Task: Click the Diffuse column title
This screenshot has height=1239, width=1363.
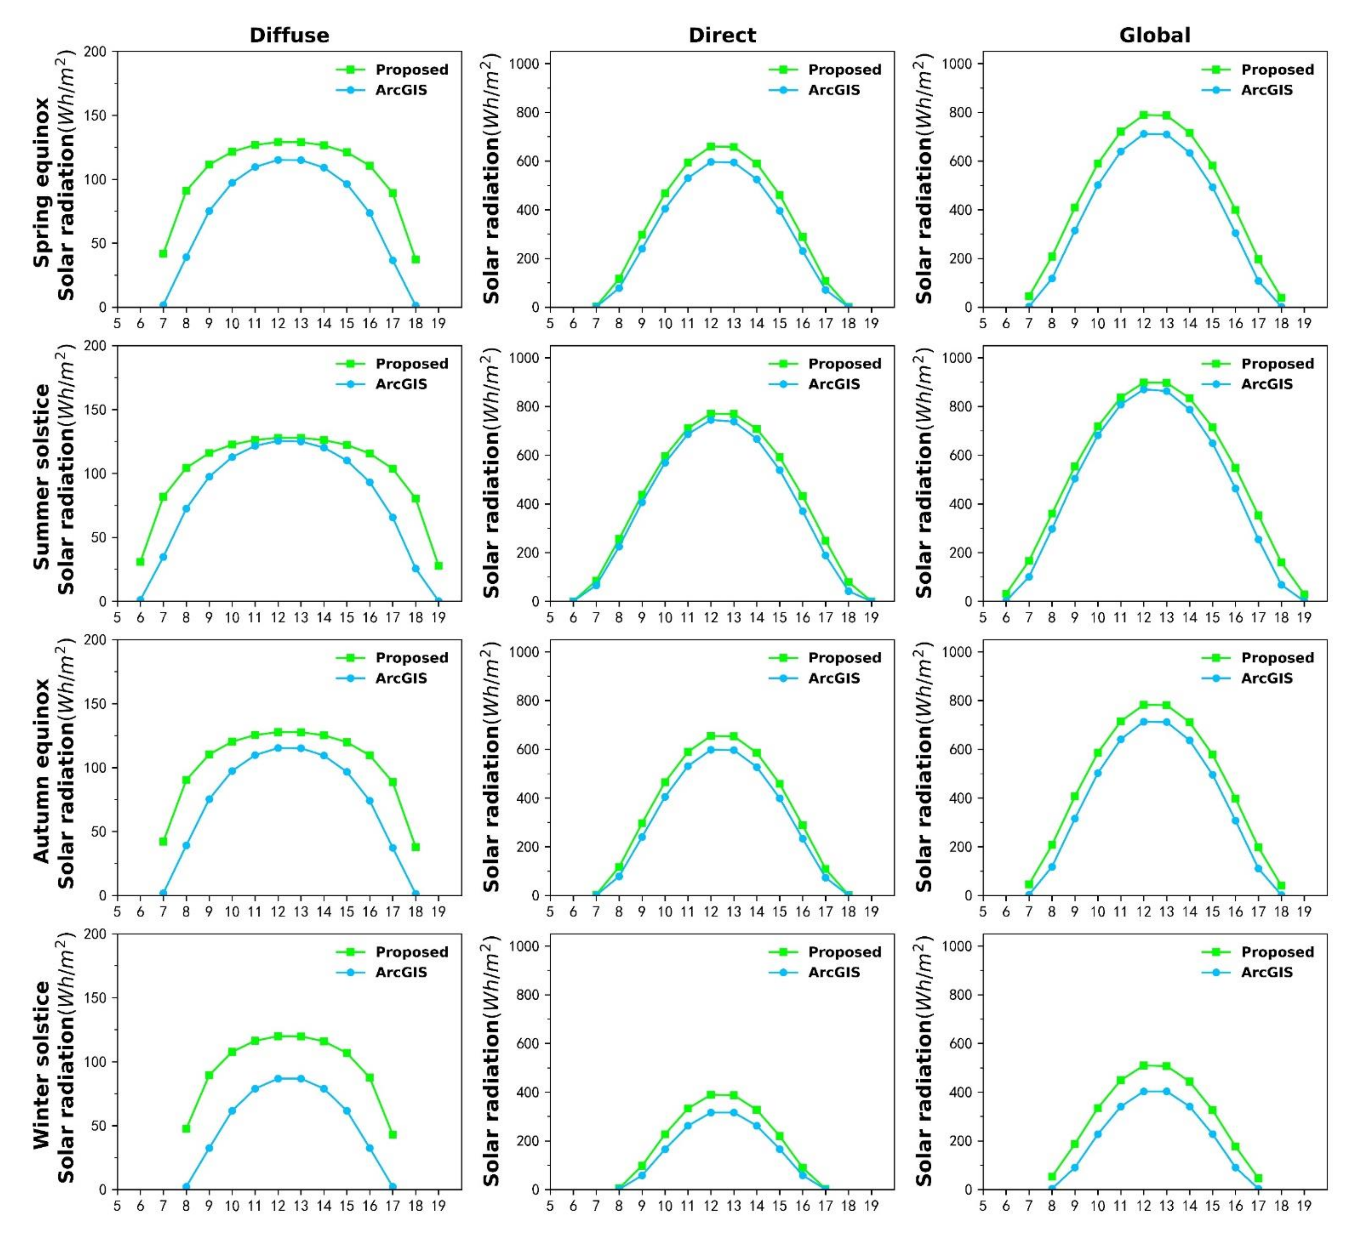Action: [289, 35]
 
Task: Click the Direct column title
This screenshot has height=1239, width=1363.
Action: [722, 35]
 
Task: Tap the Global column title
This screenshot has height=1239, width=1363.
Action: [1155, 35]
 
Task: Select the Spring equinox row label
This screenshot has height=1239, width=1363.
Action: [42, 183]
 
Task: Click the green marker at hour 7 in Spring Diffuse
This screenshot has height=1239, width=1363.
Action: [163, 253]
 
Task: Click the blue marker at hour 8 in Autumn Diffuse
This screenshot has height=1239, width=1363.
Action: [186, 846]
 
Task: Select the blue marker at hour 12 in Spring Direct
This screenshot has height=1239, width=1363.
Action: [711, 162]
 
